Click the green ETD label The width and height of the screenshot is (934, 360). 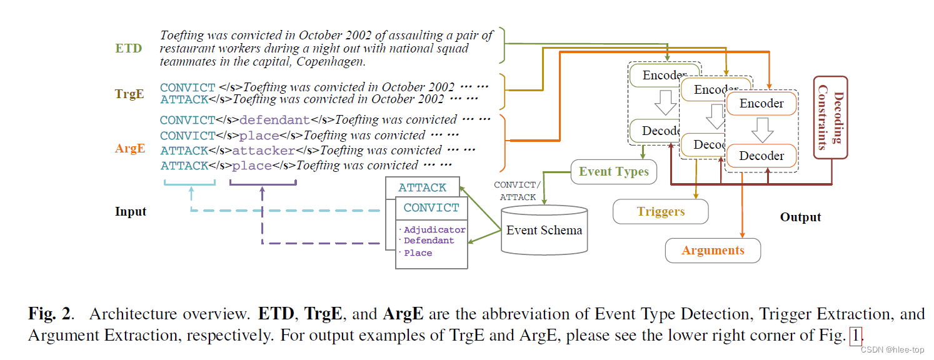(128, 48)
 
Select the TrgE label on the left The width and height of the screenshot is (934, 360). (129, 94)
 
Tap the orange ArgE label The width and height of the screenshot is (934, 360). (130, 148)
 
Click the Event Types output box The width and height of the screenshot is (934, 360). (613, 172)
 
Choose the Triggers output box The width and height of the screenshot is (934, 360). (660, 212)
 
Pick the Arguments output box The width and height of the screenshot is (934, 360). (713, 251)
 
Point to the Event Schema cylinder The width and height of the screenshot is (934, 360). (543, 231)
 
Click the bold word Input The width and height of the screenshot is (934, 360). (131, 211)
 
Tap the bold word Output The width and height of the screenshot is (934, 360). (800, 217)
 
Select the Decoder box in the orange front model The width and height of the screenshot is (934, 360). (761, 156)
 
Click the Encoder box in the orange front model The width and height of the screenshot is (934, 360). (761, 104)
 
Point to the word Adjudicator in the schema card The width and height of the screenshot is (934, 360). (434, 230)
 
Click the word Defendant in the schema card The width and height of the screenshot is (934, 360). (429, 241)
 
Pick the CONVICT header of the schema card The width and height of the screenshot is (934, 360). (431, 207)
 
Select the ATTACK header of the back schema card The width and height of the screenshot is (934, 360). (423, 187)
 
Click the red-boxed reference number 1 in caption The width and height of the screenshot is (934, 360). (855, 335)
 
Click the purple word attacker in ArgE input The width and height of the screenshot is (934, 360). (263, 151)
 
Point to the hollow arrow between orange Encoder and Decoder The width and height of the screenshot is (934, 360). (761, 130)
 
